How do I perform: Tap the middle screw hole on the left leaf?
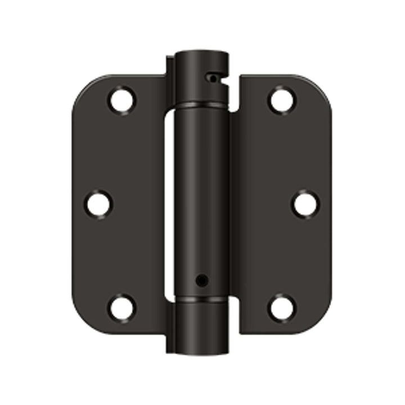[98, 203]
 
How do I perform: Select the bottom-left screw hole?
[122, 308]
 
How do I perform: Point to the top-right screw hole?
[281, 100]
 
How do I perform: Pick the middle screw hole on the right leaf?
[305, 204]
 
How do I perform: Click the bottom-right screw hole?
[281, 308]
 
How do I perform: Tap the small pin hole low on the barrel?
[201, 280]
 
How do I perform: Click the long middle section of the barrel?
[201, 197]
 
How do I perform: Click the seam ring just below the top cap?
[201, 106]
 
